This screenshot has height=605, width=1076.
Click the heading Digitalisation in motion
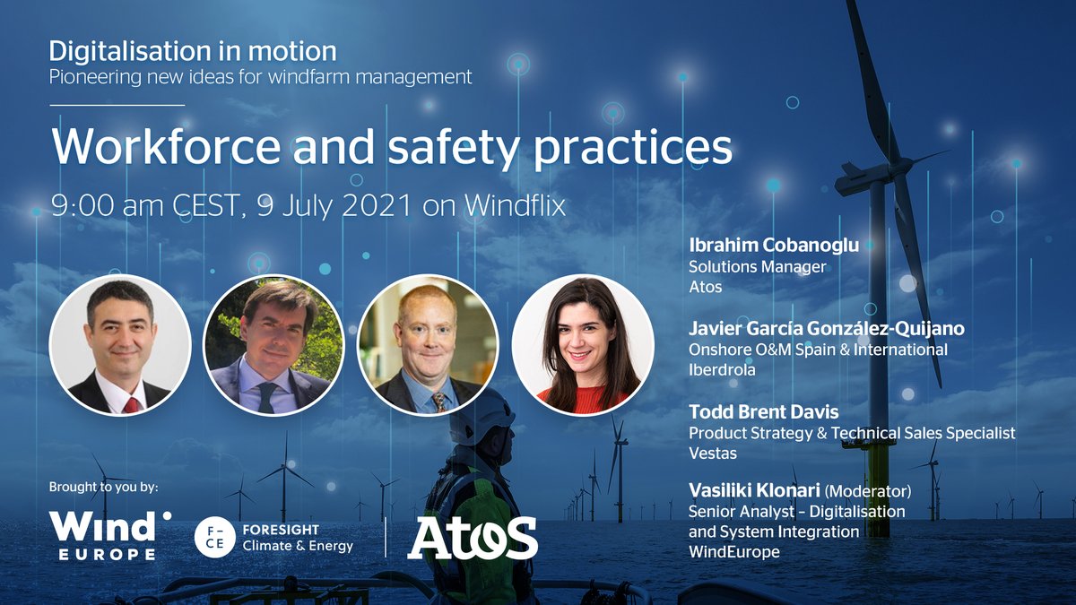193,50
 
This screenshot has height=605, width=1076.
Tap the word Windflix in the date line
515,205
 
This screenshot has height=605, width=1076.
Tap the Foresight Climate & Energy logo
273,537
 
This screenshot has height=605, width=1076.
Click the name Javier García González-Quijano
824,328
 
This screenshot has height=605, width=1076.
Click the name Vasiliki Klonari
753,490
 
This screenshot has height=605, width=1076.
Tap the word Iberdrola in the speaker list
721,369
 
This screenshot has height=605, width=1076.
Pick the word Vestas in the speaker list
713,454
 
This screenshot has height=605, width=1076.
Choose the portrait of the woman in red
582,344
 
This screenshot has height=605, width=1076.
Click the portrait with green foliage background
274,344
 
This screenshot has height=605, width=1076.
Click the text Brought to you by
104,488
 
